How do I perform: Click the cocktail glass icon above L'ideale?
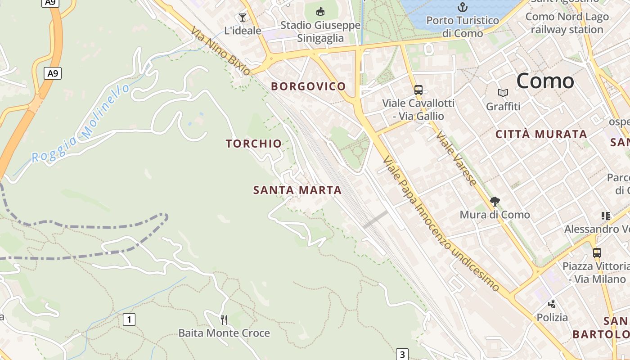pyautogui.click(x=243, y=18)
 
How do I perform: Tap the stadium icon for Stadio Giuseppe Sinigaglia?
pyautogui.click(x=320, y=11)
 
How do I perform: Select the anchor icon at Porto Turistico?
pyautogui.click(x=462, y=7)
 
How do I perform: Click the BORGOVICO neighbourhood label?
pyautogui.click(x=308, y=86)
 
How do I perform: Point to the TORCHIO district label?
pyautogui.click(x=254, y=144)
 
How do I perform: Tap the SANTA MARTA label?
pyautogui.click(x=297, y=190)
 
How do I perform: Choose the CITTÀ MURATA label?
pyautogui.click(x=541, y=134)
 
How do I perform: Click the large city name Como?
pyautogui.click(x=545, y=81)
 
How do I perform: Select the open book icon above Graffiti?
pyautogui.click(x=503, y=93)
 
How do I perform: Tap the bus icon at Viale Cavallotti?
pyautogui.click(x=418, y=90)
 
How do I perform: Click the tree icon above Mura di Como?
pyautogui.click(x=495, y=201)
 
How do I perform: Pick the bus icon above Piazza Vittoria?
pyautogui.click(x=597, y=252)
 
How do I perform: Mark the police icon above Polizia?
pyautogui.click(x=552, y=304)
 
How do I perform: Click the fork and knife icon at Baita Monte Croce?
pyautogui.click(x=224, y=319)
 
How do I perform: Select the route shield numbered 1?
pyautogui.click(x=129, y=319)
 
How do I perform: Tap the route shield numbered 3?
pyautogui.click(x=402, y=354)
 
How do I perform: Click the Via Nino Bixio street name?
pyautogui.click(x=220, y=51)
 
